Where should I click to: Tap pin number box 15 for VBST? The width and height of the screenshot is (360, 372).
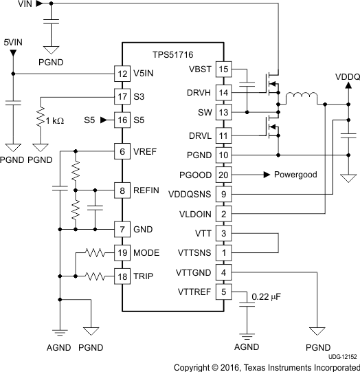(223, 69)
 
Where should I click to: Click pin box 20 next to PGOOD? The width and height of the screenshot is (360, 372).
(223, 175)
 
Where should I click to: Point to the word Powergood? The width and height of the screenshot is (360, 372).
(295, 175)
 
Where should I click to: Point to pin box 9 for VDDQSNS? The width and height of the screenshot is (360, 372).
(223, 195)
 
